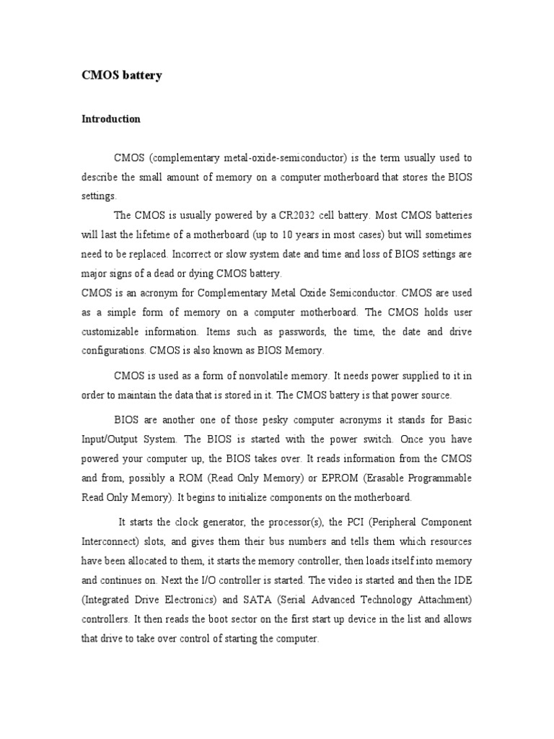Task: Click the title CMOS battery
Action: [x=121, y=75]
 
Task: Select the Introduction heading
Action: [x=110, y=119]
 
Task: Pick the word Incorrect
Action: [x=209, y=254]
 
